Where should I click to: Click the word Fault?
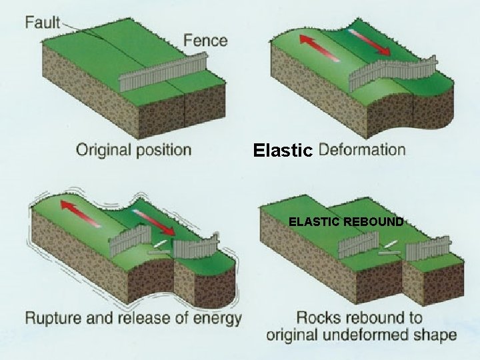43,22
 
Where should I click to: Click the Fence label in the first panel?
205,39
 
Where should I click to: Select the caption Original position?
133,149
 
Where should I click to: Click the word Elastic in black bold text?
283,151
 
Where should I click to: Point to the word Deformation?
362,149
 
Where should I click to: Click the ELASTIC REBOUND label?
346,222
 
